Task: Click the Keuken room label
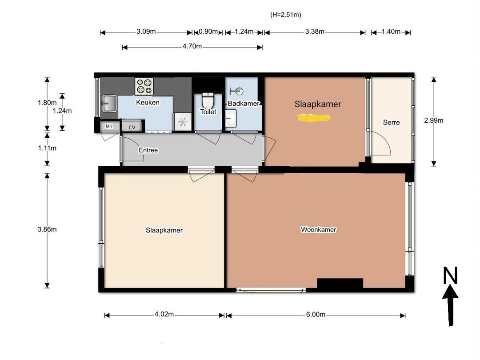tap(148, 102)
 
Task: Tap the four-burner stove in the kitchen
tap(144, 86)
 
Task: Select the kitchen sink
tap(109, 104)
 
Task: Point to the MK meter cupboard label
tap(109, 126)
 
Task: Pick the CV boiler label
tap(132, 128)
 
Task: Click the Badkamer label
tap(244, 104)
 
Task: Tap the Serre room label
tap(391, 123)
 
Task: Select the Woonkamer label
tap(318, 230)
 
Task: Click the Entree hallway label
tap(148, 150)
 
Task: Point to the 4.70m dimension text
tap(192, 46)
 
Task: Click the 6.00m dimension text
tap(316, 314)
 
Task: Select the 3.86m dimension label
tap(47, 229)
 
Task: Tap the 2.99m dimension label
tap(433, 120)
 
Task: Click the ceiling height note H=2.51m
tap(286, 15)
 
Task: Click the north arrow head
tap(450, 291)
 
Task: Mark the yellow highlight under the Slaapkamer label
tap(313, 117)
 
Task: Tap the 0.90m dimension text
tap(208, 32)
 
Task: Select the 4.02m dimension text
tap(164, 314)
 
